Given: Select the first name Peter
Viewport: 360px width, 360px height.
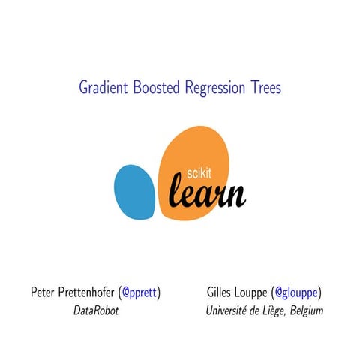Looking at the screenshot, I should [x=43, y=291].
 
